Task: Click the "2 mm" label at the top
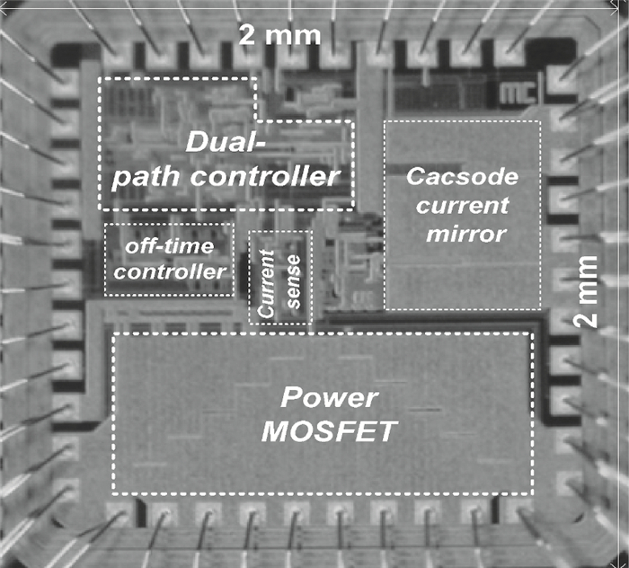[x=279, y=35]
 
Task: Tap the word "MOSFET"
[x=328, y=432]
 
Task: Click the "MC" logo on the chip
[x=516, y=94]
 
